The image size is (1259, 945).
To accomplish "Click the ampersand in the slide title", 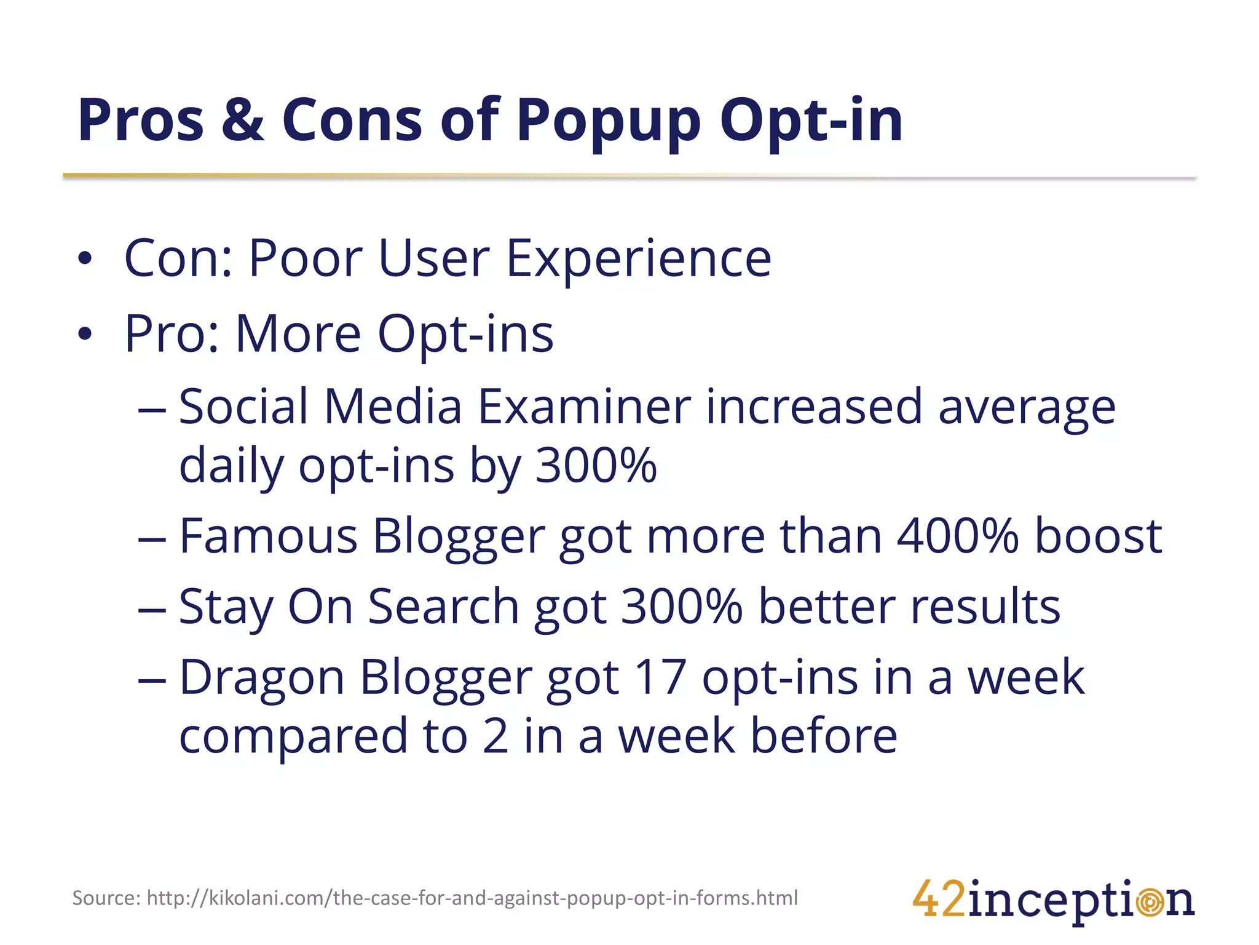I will point(243,120).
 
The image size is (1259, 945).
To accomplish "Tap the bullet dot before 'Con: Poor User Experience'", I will point(85,258).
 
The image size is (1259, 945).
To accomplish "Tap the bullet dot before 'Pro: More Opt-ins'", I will point(85,334).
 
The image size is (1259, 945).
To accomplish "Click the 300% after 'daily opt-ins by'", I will point(596,465).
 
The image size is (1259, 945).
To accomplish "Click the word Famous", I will point(268,535).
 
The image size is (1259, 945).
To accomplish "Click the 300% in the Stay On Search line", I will point(681,606).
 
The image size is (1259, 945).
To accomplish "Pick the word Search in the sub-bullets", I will point(443,606).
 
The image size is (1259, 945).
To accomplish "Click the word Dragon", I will point(261,677).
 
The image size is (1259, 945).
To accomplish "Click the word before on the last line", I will point(824,736).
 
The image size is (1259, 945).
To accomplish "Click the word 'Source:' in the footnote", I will point(106,898).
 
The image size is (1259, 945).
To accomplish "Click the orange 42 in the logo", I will point(939,899).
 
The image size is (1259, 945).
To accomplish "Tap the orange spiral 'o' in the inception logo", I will point(1149,903).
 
